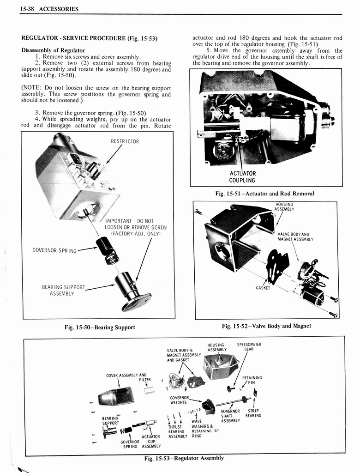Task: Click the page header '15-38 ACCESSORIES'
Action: [x=49, y=9]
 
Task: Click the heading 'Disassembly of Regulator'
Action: [x=53, y=50]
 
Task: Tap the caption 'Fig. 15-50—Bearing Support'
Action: [x=100, y=327]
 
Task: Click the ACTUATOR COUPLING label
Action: [x=242, y=177]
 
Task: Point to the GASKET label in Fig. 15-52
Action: [x=263, y=287]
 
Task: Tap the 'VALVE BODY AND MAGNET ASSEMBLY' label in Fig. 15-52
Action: [x=295, y=236]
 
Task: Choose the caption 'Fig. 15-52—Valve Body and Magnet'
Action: [x=266, y=326]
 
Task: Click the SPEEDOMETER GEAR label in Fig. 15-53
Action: [x=249, y=346]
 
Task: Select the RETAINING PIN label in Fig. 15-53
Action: [x=252, y=380]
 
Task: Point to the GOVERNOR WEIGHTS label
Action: [x=180, y=400]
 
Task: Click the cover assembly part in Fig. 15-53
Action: [x=116, y=395]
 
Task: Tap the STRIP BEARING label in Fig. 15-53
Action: [x=253, y=413]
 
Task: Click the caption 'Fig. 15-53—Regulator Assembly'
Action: [x=184, y=458]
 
